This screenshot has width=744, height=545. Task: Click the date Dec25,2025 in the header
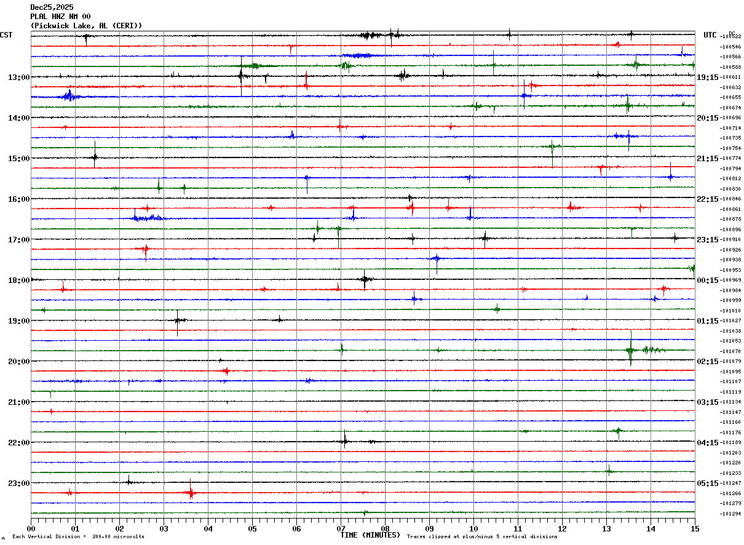click(52, 7)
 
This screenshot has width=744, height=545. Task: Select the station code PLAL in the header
click(38, 17)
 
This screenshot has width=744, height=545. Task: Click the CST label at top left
click(6, 35)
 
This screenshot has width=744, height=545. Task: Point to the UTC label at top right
click(710, 35)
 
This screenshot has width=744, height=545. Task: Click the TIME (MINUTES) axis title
click(370, 535)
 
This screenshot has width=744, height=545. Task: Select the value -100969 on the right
click(730, 280)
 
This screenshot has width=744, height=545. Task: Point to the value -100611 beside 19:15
click(730, 78)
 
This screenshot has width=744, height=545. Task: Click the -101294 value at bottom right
click(730, 514)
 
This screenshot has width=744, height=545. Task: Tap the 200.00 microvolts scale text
click(118, 537)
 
